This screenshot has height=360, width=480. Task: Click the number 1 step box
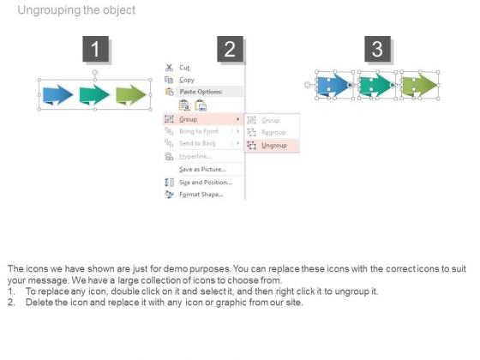tap(95, 49)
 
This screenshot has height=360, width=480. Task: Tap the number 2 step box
tap(230, 49)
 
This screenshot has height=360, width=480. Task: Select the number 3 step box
tap(377, 49)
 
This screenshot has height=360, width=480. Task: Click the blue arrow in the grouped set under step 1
tap(58, 95)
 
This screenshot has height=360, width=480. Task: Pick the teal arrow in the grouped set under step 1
tap(94, 95)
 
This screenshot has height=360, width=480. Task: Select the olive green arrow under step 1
tap(130, 95)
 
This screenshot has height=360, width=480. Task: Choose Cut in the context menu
tap(184, 68)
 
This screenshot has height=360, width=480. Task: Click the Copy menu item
tap(187, 80)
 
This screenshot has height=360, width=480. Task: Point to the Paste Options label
tap(201, 92)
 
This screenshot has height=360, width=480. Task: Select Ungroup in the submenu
tap(274, 146)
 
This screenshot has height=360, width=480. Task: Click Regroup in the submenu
tap(273, 133)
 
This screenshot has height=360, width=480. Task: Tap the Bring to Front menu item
tap(199, 131)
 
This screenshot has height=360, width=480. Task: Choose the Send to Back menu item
tap(197, 143)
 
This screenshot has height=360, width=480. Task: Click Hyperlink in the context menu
tap(195, 156)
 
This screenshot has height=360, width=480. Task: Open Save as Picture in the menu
tap(202, 170)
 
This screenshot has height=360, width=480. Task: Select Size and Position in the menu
tap(206, 183)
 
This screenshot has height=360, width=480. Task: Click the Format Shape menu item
tap(201, 195)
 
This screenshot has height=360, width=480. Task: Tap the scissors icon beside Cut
tap(169, 68)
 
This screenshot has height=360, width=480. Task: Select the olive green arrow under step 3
tap(419, 85)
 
